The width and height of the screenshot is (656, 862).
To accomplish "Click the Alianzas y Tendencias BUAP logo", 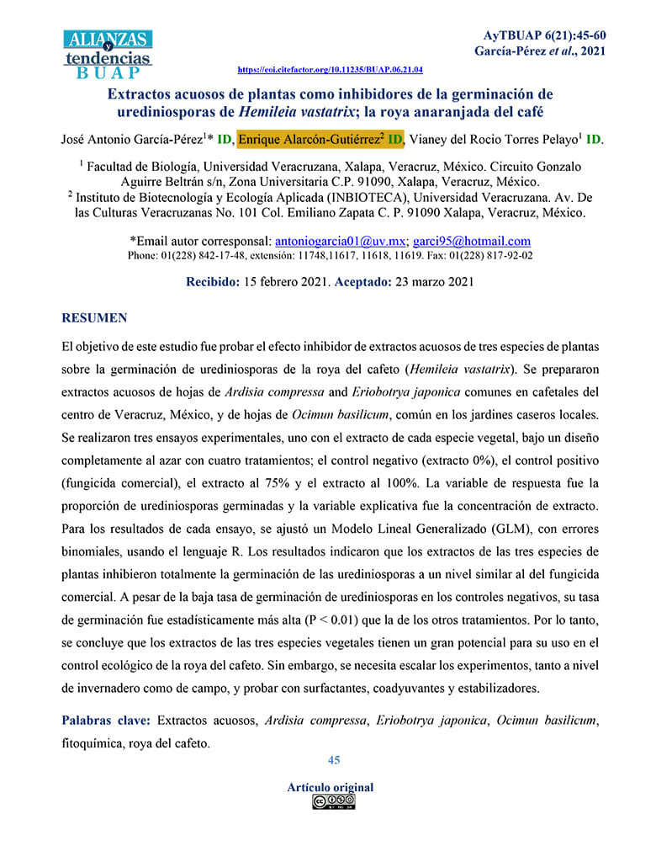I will click(108, 53).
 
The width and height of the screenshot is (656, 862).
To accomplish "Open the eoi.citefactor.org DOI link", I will click(331, 70).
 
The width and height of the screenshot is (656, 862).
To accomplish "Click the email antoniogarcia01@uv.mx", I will click(342, 240).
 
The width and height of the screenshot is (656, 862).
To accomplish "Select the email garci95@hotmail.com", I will click(472, 240).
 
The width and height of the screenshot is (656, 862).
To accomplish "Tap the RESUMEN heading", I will click(94, 318).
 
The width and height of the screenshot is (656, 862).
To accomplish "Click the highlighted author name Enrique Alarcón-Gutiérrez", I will click(309, 139).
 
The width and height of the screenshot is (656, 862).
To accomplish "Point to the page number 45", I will click(334, 760).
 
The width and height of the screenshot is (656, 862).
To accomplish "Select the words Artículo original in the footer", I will click(330, 788).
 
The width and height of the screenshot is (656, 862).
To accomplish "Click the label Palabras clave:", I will click(106, 721).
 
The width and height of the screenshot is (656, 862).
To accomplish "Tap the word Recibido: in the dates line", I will click(213, 282).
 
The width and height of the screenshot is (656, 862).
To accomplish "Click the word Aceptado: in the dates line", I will click(362, 282).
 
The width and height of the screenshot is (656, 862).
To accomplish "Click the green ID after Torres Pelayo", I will click(594, 139).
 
